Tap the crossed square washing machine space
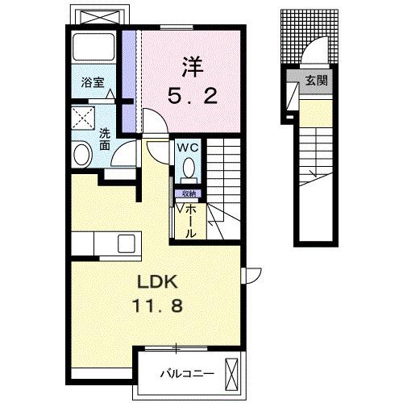82,120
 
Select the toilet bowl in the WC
189,168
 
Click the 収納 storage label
187,194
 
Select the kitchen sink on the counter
127,243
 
